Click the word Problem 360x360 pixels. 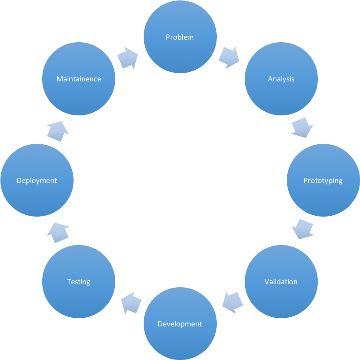(x=180, y=37)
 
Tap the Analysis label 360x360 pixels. (x=281, y=79)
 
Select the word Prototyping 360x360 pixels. (x=323, y=180)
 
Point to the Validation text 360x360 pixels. (x=281, y=282)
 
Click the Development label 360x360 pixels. (x=180, y=324)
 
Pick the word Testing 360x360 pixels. (x=79, y=282)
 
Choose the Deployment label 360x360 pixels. (x=37, y=180)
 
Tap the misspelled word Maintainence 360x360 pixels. (x=79, y=79)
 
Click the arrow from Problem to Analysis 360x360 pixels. (x=229, y=58)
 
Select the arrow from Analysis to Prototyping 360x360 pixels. (x=302, y=128)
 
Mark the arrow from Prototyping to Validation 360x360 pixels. (x=302, y=229)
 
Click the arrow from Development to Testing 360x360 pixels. (x=132, y=302)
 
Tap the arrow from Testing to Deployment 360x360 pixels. (x=58, y=233)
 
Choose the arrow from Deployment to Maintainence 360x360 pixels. (x=58, y=131)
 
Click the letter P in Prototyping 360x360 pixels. (x=305, y=180)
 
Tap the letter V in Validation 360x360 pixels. (x=267, y=282)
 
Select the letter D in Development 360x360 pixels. (x=160, y=324)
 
